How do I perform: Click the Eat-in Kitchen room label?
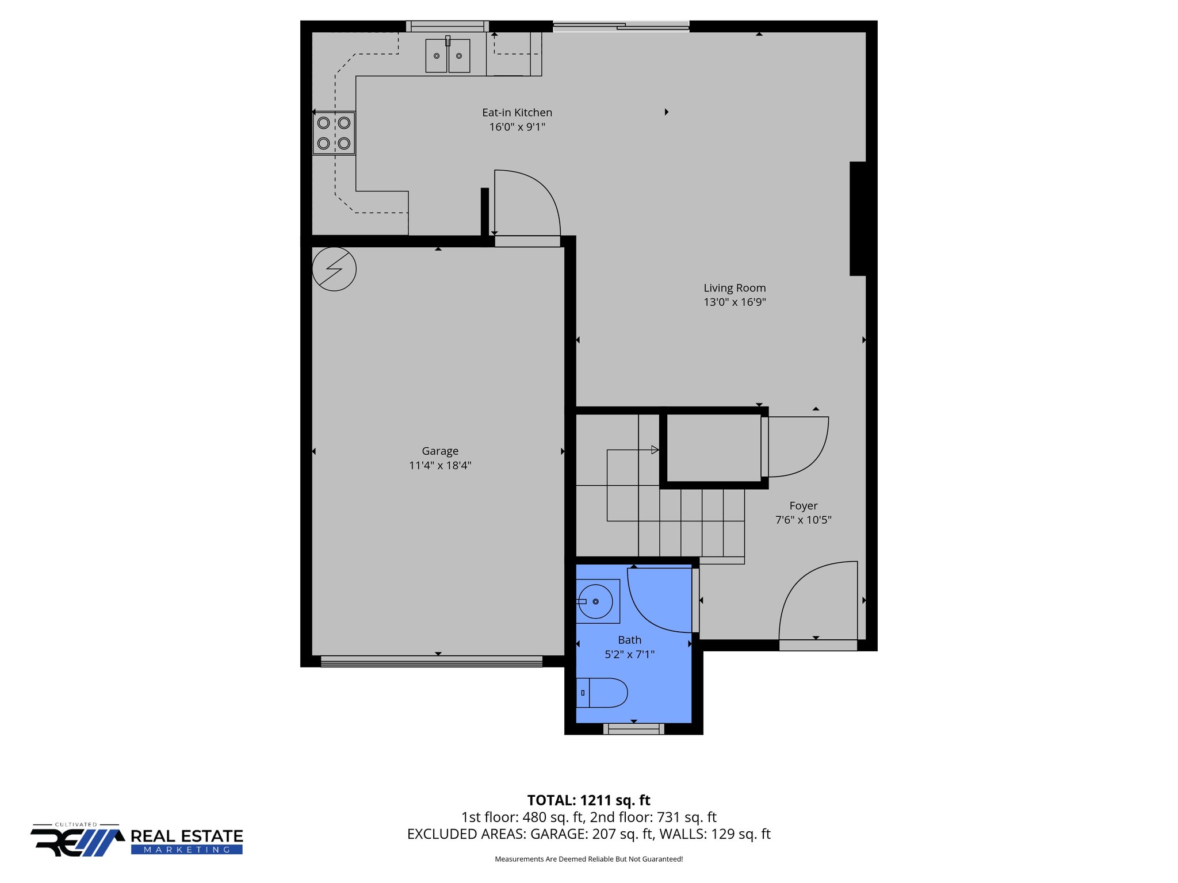click(517, 113)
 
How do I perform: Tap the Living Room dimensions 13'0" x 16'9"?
click(735, 302)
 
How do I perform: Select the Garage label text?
click(440, 451)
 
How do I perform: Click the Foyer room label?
click(803, 506)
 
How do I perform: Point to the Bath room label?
click(629, 640)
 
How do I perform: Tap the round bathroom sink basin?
click(596, 601)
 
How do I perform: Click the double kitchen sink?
click(448, 56)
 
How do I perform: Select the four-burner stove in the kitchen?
click(334, 133)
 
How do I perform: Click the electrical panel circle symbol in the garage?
click(334, 268)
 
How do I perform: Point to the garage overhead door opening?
click(431, 661)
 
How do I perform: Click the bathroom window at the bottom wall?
click(633, 729)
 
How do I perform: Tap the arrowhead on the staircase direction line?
click(655, 450)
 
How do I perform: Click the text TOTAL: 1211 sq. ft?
click(588, 800)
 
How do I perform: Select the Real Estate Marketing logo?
click(137, 840)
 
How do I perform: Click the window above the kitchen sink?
click(447, 26)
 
